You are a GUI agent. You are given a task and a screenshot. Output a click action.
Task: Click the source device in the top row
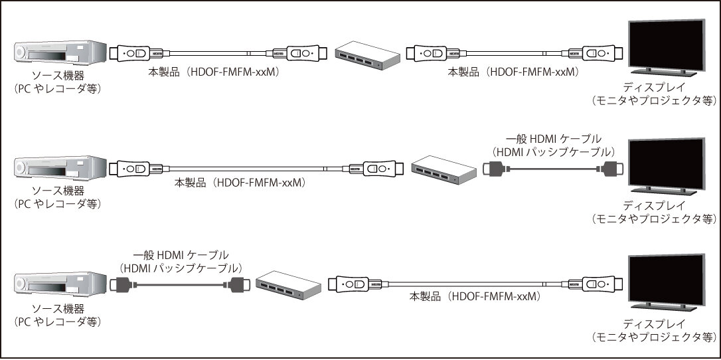pyautogui.click(x=60, y=52)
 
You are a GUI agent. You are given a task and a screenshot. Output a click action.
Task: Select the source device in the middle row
pyautogui.click(x=60, y=169)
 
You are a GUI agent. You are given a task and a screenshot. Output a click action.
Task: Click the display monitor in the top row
pyautogui.click(x=667, y=43)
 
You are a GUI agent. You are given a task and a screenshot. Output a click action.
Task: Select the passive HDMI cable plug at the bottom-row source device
pyautogui.click(x=122, y=286)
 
